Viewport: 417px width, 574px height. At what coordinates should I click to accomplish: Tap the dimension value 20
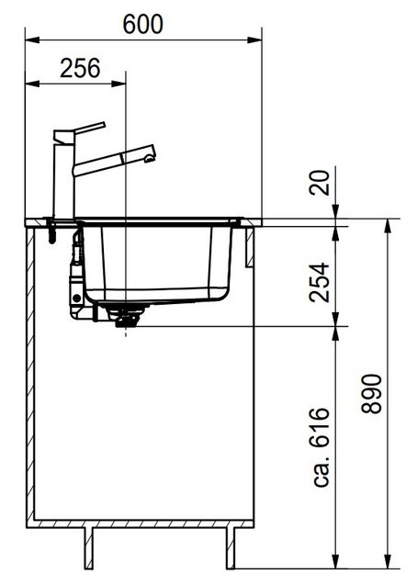pyautogui.click(x=320, y=186)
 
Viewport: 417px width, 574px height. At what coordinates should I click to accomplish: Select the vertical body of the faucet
pyautogui.click(x=63, y=179)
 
